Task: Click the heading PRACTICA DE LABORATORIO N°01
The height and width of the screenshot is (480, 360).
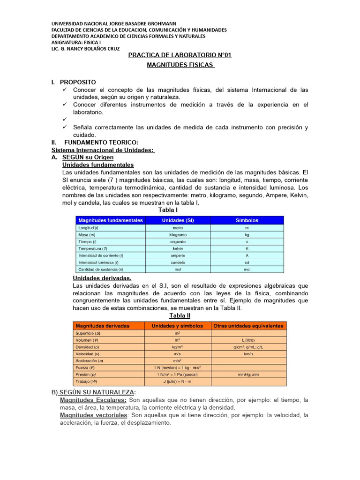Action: tap(180, 55)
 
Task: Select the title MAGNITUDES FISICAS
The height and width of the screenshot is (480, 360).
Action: tap(180, 64)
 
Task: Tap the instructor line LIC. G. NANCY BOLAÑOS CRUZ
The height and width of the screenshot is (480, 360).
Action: tap(85, 48)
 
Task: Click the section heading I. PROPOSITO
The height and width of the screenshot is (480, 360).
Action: tap(74, 82)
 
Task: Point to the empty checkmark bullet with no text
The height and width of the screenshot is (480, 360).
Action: tap(65, 120)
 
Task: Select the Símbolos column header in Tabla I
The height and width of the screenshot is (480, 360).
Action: tap(247, 220)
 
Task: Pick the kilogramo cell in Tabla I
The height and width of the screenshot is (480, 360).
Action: tap(178, 234)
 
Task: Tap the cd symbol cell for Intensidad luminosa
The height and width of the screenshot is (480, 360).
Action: tap(247, 262)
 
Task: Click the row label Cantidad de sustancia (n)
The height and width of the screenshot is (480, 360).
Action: tap(101, 270)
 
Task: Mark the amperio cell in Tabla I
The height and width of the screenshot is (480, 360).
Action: tap(178, 255)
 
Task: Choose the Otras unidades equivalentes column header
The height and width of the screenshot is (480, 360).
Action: tap(248, 325)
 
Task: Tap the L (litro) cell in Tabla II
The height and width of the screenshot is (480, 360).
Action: tap(248, 340)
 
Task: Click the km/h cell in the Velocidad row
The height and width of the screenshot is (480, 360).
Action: tap(248, 354)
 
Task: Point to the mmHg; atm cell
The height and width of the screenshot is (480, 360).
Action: tap(248, 375)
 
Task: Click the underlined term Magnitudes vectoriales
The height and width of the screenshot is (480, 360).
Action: tap(93, 415)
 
